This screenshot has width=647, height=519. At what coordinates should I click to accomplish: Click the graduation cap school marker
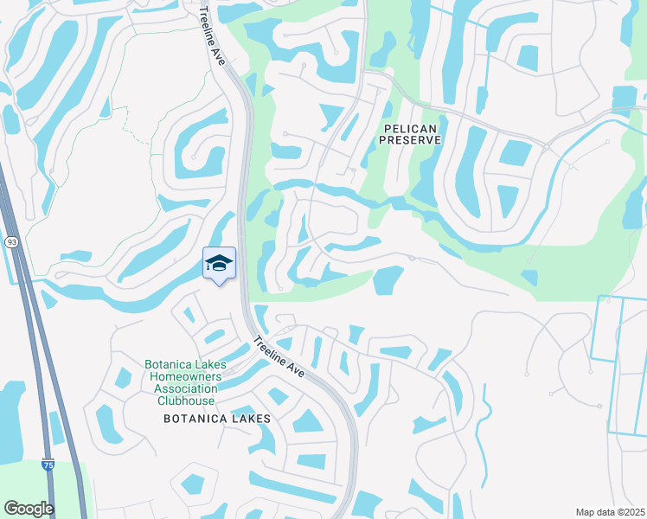click(219, 263)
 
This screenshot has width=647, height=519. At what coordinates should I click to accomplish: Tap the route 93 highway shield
click(10, 241)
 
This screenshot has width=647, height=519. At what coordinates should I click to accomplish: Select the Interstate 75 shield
click(48, 465)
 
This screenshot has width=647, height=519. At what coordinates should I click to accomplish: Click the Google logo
click(29, 509)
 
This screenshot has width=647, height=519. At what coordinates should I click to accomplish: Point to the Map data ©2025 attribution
click(609, 512)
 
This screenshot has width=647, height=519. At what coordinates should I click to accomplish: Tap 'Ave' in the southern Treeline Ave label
click(296, 370)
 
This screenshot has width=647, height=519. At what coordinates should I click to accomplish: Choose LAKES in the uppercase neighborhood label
click(251, 419)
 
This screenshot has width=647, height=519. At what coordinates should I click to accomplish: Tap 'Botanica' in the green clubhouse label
click(169, 365)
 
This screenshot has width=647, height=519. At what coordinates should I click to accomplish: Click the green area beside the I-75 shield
click(69, 484)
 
